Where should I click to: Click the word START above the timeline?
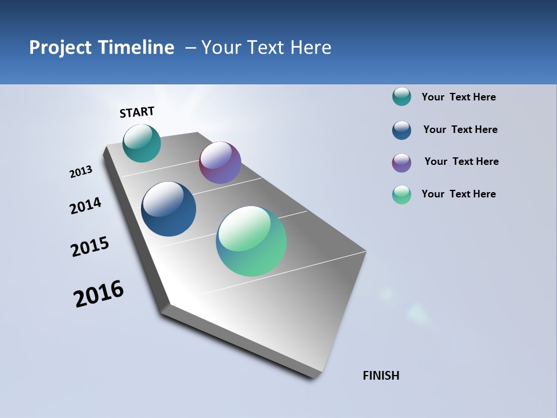pyautogui.click(x=137, y=112)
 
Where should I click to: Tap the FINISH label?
pyautogui.click(x=381, y=376)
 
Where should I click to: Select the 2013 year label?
pyautogui.click(x=81, y=172)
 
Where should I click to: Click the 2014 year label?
pyautogui.click(x=85, y=206)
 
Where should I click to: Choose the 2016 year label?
pyautogui.click(x=99, y=294)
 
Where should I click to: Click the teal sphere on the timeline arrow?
pyautogui.click(x=142, y=143)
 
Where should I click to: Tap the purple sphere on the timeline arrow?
pyautogui.click(x=220, y=163)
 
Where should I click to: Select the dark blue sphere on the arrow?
pyautogui.click(x=168, y=209)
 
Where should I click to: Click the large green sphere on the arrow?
pyautogui.click(x=251, y=241)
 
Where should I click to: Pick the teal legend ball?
pyautogui.click(x=402, y=96)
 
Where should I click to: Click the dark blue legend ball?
pyautogui.click(x=402, y=130)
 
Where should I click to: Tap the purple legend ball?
pyautogui.click(x=402, y=163)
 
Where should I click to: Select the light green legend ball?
pyautogui.click(x=402, y=194)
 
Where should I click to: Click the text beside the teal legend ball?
pyautogui.click(x=458, y=97)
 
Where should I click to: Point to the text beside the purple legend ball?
pyautogui.click(x=461, y=161)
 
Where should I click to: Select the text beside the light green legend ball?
pyautogui.click(x=458, y=194)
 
